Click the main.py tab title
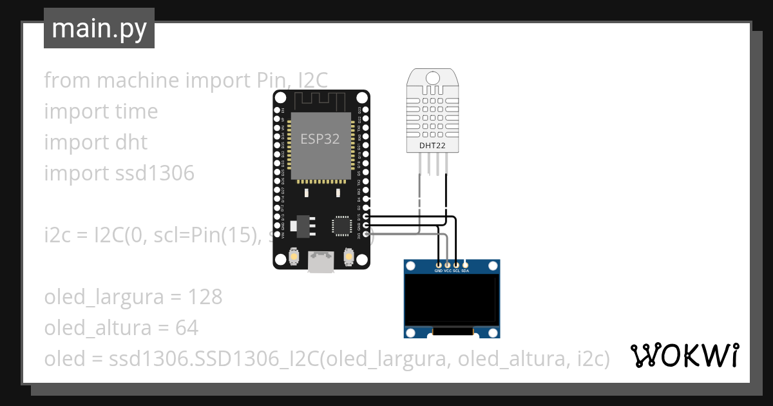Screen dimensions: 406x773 [x=99, y=28]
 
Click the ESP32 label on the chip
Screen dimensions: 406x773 [x=320, y=139]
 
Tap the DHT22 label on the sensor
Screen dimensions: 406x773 [x=432, y=146]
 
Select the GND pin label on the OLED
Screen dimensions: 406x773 [x=439, y=271]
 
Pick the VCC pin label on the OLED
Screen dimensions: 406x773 [x=448, y=271]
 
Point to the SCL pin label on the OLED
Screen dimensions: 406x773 [x=456, y=271]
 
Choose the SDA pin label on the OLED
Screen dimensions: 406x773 [x=465, y=271]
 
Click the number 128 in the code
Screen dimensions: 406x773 [x=205, y=297]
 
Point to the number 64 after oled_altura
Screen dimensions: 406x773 [x=186, y=328]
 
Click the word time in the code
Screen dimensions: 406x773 [x=136, y=111]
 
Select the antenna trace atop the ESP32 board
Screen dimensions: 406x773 [x=321, y=101]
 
